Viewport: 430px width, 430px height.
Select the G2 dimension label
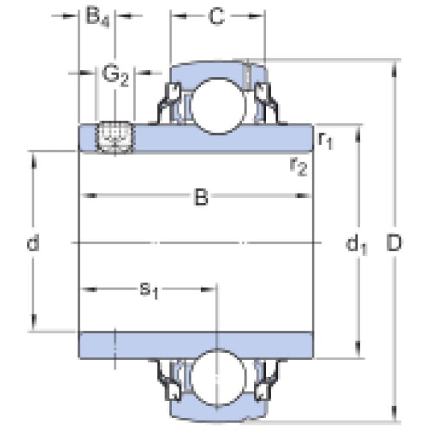(115, 75)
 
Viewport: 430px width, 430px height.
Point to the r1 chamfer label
(325, 140)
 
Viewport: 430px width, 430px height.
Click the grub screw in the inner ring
(116, 136)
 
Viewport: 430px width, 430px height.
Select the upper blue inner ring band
(222, 137)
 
